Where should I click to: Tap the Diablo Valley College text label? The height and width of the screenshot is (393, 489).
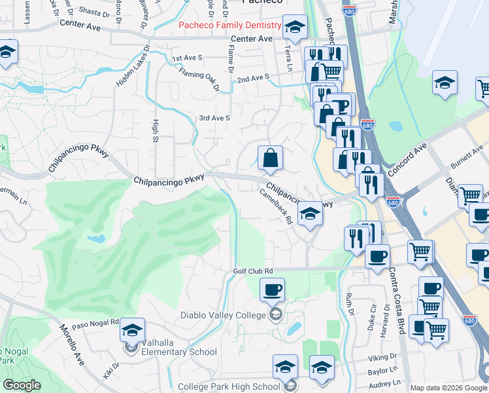tap(223, 315)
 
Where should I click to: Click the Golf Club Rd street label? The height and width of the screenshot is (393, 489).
tap(252, 271)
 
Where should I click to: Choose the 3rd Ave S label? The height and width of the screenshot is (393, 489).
tap(214, 118)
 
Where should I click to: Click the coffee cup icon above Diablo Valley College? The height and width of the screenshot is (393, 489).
tap(272, 288)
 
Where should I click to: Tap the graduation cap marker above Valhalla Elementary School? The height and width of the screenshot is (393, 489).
tap(132, 330)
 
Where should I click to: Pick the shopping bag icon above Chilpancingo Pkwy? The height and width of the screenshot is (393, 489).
tap(270, 157)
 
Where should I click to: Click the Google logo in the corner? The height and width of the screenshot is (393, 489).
tap(22, 385)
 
